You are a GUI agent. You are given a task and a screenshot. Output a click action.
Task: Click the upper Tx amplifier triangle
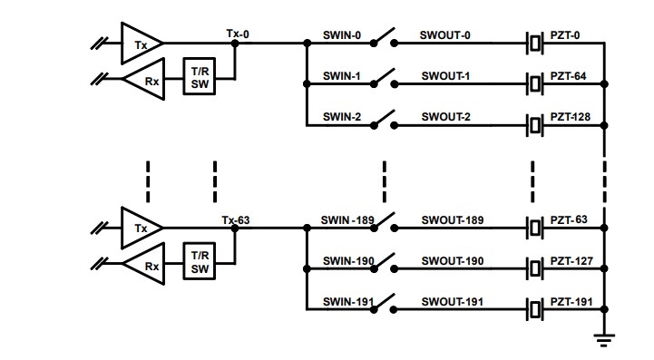click(141, 42)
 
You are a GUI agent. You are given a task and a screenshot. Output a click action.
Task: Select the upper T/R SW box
click(199, 77)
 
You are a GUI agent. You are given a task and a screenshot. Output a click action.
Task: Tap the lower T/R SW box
click(199, 262)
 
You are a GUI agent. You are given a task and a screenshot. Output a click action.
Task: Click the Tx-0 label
click(238, 33)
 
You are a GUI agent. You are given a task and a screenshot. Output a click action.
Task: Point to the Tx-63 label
click(235, 219)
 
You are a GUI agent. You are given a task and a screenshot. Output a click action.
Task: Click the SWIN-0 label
click(342, 35)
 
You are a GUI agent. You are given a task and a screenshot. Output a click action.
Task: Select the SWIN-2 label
click(342, 117)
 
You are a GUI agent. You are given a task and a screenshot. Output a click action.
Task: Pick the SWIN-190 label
click(347, 261)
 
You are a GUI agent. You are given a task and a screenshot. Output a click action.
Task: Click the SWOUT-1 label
click(444, 76)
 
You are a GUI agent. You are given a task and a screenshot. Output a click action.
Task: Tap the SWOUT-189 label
click(452, 220)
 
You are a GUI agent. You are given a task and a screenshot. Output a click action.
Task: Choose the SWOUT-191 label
click(452, 302)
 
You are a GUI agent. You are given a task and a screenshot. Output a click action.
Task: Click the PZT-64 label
click(570, 76)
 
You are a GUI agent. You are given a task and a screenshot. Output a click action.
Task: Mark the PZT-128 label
click(572, 117)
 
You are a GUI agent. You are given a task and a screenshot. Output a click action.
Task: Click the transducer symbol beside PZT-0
click(535, 42)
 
